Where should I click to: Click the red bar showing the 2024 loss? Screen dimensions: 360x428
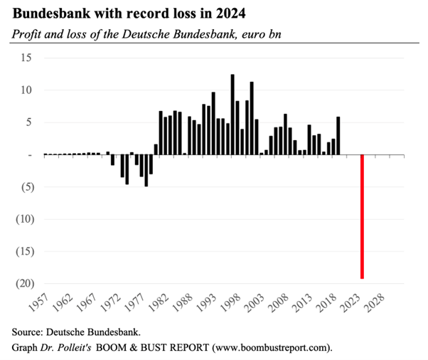click(x=363, y=217)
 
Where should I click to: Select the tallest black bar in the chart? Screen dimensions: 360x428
click(x=232, y=115)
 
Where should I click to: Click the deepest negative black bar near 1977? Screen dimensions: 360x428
click(x=146, y=171)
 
